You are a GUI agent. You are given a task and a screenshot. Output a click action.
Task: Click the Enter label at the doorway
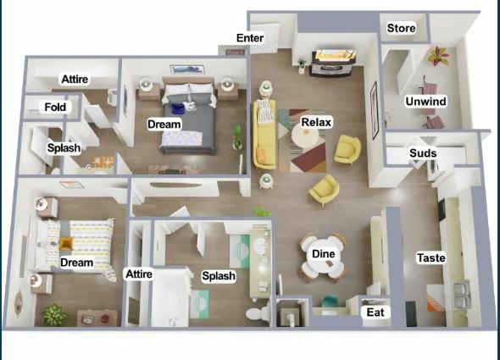[x=250, y=38]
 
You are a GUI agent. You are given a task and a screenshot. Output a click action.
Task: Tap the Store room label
[x=401, y=29]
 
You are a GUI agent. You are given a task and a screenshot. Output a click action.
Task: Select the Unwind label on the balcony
[x=425, y=102]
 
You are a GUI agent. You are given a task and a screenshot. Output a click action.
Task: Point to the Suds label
[x=423, y=153]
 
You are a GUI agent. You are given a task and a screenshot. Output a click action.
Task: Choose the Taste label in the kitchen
[x=431, y=258]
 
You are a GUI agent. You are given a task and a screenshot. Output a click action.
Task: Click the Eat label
[x=375, y=313]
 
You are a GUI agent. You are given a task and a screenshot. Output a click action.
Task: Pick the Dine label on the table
[x=323, y=254]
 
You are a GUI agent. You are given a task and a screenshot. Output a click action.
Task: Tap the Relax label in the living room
[x=315, y=123]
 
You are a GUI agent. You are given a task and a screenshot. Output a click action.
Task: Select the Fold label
[x=56, y=108]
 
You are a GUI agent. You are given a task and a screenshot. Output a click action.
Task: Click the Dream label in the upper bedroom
[x=164, y=125]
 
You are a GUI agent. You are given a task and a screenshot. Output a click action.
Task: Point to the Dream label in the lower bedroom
[x=76, y=263]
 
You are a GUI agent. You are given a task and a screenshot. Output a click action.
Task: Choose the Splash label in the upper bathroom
[x=64, y=148]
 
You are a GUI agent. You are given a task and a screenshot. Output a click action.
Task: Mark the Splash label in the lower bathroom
[x=218, y=276]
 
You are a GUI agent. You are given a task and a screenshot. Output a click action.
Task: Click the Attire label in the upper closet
[x=75, y=80]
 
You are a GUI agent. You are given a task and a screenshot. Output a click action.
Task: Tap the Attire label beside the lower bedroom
[x=138, y=274]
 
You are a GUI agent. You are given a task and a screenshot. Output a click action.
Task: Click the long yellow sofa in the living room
[x=264, y=134]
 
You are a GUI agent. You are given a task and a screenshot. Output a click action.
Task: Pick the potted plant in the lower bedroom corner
[x=54, y=314]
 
